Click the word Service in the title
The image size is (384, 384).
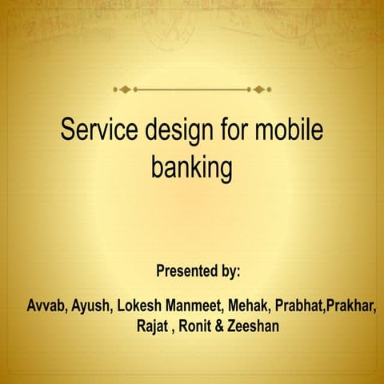(x=98, y=131)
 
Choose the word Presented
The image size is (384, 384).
(x=187, y=270)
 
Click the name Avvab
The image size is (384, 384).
(x=46, y=306)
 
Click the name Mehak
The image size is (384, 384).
(x=249, y=306)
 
